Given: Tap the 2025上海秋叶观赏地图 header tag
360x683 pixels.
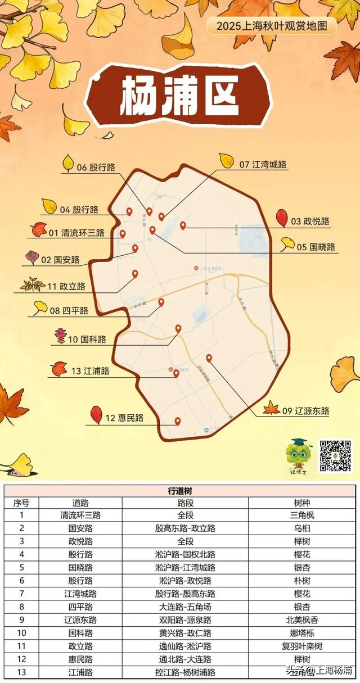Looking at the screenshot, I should coord(272,25).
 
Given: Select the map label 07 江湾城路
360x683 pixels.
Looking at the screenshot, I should coord(263,165).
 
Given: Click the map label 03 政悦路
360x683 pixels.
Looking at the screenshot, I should coord(310,221).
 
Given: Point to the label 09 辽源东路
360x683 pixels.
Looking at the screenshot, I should coord(305,411).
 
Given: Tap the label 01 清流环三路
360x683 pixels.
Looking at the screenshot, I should coord(76,233).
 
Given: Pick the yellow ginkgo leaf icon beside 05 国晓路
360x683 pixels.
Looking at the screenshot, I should coord(287,243).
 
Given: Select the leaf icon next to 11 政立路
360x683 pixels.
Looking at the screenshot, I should coord(33,285).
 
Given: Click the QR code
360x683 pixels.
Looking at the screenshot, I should coord(335,455).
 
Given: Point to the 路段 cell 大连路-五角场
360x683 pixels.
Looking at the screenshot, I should coord(185,607).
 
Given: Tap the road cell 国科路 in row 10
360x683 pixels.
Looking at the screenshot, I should coord(80,633).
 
